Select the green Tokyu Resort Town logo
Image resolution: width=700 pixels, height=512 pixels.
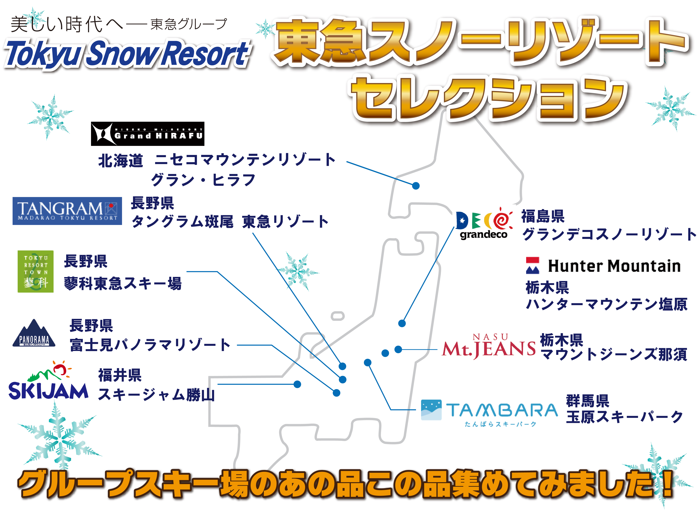(36, 272)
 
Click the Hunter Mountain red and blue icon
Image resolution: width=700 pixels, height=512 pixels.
(533, 266)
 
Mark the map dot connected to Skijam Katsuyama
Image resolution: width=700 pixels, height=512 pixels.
(297, 384)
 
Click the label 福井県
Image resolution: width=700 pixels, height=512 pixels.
(120, 375)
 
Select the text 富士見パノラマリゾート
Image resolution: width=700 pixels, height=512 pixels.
(150, 345)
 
